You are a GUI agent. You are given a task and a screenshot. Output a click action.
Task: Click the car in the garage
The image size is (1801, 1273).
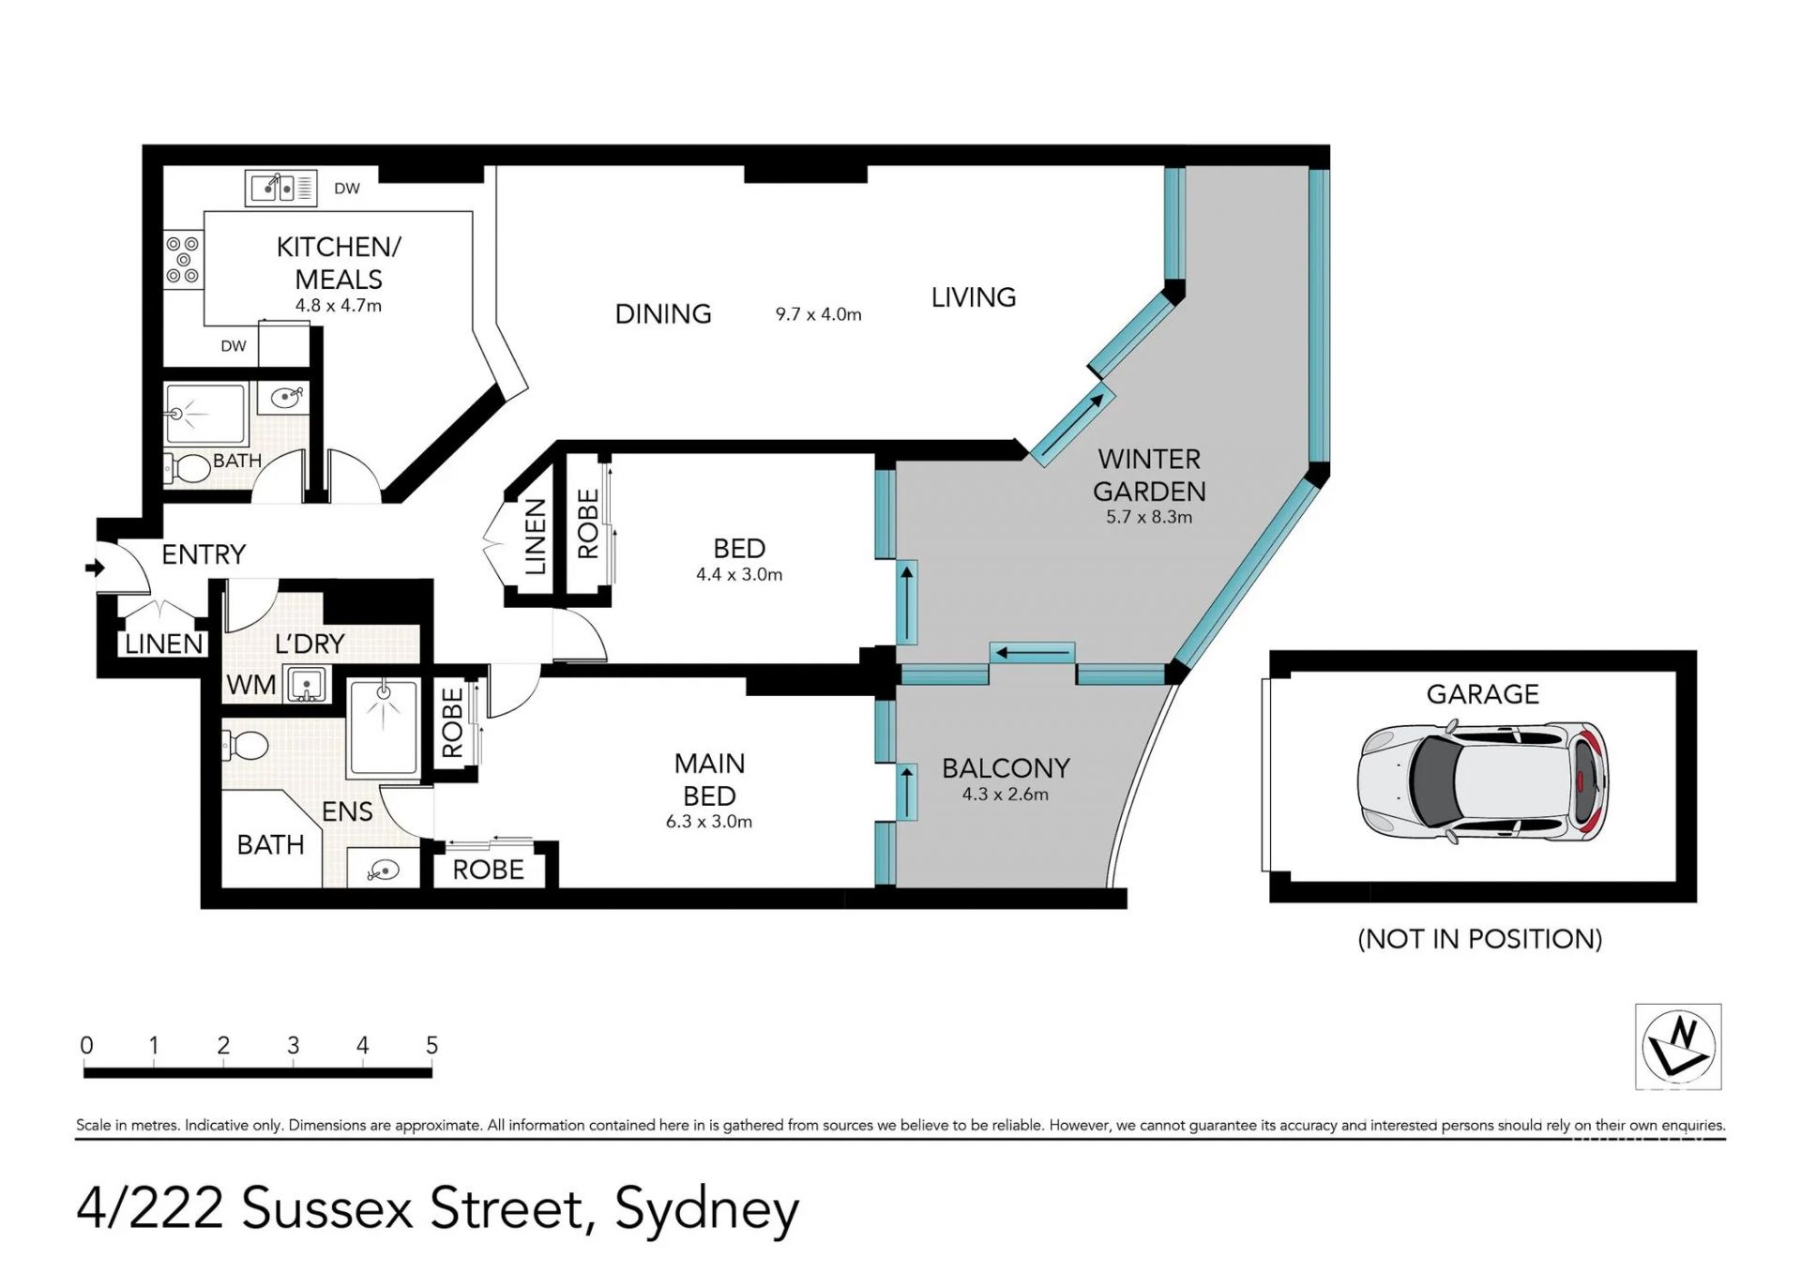(1483, 781)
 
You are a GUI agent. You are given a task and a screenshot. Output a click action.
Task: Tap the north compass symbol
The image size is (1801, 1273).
(1678, 1046)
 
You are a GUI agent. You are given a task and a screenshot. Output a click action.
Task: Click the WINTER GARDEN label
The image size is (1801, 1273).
(1149, 475)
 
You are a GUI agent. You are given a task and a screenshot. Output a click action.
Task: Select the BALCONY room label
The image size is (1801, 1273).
(1006, 768)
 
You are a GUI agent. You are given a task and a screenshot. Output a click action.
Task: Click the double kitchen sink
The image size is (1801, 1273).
(280, 188)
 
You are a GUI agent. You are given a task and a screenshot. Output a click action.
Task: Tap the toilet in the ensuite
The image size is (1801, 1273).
(245, 747)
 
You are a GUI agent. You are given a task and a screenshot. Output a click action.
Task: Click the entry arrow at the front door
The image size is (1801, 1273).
(94, 568)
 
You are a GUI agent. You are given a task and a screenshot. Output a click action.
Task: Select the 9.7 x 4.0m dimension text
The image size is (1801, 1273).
(818, 315)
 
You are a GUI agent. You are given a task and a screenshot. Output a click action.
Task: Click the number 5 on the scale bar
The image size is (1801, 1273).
(431, 1045)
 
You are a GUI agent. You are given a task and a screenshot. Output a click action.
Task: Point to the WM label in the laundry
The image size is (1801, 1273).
(251, 685)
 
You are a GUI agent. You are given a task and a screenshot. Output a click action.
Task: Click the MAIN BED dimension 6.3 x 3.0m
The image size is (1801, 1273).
(709, 822)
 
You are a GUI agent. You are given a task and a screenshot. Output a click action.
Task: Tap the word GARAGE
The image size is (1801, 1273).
(1483, 694)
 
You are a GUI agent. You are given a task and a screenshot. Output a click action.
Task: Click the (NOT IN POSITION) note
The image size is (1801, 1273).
(1480, 939)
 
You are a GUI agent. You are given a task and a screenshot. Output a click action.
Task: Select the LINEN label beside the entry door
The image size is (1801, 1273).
(164, 644)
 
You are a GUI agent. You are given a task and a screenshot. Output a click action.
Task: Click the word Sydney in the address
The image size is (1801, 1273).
(706, 1211)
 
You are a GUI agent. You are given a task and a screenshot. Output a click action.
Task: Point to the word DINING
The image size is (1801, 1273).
(663, 314)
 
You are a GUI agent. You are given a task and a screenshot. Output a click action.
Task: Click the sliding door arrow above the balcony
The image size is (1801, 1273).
(1032, 652)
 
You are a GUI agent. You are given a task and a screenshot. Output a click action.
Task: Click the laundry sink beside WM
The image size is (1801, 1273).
(305, 684)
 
